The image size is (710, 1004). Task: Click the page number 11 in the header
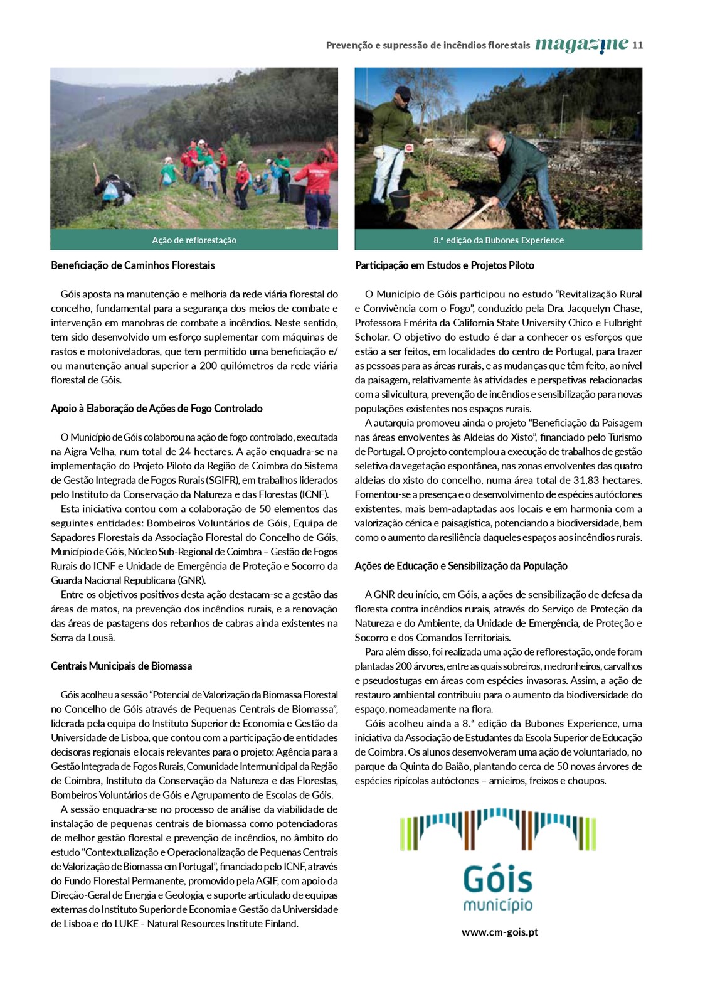click(x=638, y=45)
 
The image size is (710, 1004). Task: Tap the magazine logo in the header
click(x=581, y=45)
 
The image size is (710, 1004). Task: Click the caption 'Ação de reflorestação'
click(x=194, y=240)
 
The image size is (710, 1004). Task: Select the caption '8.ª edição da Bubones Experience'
click(x=498, y=240)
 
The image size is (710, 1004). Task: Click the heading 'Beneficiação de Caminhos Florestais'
click(x=133, y=265)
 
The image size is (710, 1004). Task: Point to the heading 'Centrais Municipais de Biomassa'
click(x=121, y=666)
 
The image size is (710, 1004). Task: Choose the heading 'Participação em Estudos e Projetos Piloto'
click(x=445, y=265)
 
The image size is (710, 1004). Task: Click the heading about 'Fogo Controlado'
click(x=157, y=409)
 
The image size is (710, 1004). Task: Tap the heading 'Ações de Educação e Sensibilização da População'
click(x=461, y=566)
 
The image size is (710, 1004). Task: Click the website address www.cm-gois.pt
click(x=499, y=932)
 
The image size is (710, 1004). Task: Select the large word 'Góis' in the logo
click(x=498, y=880)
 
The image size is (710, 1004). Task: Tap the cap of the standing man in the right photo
click(x=404, y=93)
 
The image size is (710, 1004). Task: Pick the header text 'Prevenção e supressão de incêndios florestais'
click(x=428, y=45)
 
